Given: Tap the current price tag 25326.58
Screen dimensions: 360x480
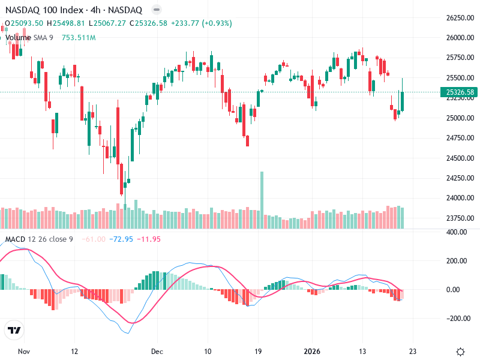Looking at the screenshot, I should [x=457, y=92].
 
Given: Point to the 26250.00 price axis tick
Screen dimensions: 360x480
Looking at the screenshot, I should [x=459, y=18].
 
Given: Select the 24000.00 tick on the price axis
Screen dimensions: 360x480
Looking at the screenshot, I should [x=459, y=198].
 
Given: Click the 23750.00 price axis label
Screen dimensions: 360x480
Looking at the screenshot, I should [x=459, y=218].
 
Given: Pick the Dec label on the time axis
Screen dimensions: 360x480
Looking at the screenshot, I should [x=157, y=352].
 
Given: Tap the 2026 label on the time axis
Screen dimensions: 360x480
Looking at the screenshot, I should [x=312, y=352].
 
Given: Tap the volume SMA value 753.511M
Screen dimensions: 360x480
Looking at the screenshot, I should [x=79, y=37].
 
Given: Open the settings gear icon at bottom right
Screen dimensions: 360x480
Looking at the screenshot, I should [x=460, y=352].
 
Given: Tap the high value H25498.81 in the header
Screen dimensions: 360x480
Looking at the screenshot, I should [x=67, y=23].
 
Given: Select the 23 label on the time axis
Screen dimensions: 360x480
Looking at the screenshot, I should [x=412, y=352].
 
